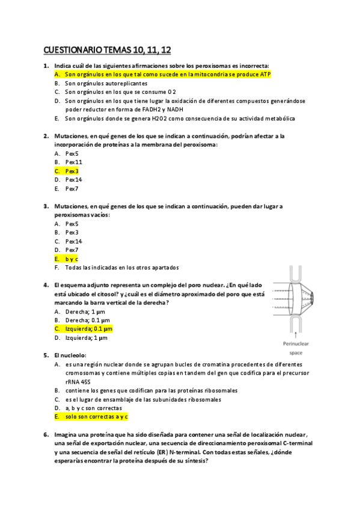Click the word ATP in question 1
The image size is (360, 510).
click(265, 75)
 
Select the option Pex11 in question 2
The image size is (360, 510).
click(74, 162)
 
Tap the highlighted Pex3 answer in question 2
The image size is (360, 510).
click(72, 171)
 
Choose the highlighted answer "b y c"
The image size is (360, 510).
click(72, 259)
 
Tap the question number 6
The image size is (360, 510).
click(46, 434)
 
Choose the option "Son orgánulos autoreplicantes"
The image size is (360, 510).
click(106, 83)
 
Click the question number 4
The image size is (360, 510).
click(46, 285)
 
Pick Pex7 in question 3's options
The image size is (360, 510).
click(72, 250)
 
